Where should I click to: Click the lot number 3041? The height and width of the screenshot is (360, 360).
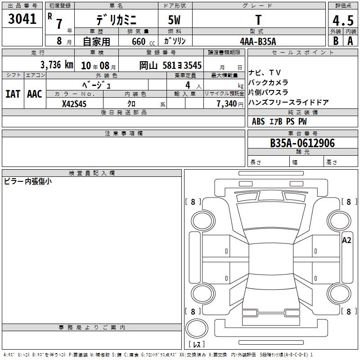click(x=22, y=19)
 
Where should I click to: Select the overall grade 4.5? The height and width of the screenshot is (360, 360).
click(x=343, y=20)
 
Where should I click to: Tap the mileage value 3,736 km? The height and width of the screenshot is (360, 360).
click(x=57, y=65)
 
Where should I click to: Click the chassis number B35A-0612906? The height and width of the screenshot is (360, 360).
click(x=302, y=143)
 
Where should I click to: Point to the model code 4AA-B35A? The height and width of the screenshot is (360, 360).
click(x=258, y=41)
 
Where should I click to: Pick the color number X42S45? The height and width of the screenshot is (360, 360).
click(x=74, y=104)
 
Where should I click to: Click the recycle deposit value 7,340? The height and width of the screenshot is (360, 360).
click(x=227, y=104)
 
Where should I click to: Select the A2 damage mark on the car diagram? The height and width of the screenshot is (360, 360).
click(x=346, y=240)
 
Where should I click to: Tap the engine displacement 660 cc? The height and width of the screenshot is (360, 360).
click(x=143, y=42)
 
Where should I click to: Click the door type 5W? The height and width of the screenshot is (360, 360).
click(x=174, y=20)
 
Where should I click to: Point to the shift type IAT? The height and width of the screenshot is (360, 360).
click(x=13, y=94)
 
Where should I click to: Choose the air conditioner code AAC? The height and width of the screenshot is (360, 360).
click(x=35, y=94)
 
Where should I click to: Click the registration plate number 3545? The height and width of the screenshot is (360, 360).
click(x=193, y=65)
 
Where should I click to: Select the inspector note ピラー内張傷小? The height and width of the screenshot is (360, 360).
click(x=27, y=181)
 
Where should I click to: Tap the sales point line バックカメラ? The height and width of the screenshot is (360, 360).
click(x=268, y=82)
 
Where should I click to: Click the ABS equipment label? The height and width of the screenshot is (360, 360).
click(x=258, y=121)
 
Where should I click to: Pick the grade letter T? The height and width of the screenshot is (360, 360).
click(x=258, y=20)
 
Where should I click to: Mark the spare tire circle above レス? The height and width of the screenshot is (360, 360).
click(x=197, y=328)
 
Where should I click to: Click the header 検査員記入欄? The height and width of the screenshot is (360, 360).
click(x=92, y=173)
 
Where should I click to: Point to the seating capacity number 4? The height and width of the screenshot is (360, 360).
click(x=188, y=85)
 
